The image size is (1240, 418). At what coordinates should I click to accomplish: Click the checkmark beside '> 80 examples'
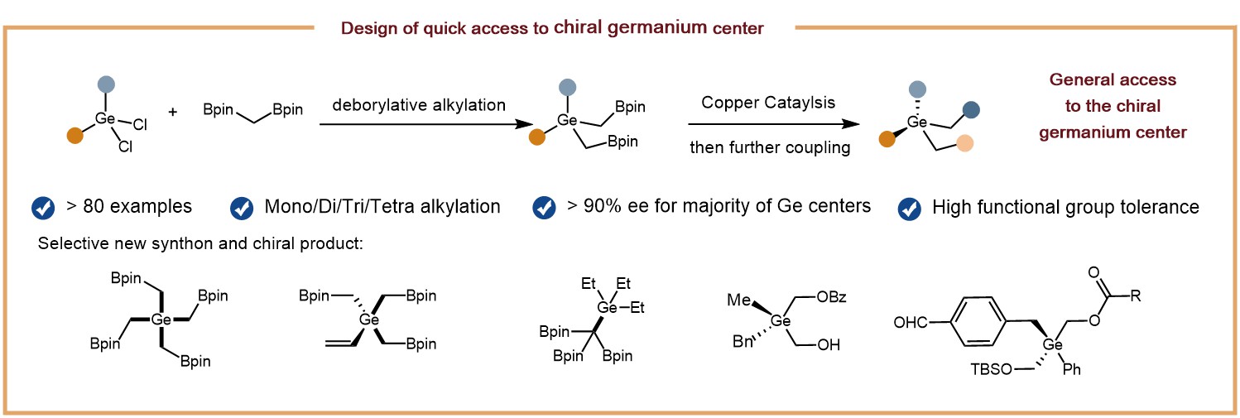(x=42, y=206)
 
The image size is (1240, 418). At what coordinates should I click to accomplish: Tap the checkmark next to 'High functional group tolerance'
(x=911, y=208)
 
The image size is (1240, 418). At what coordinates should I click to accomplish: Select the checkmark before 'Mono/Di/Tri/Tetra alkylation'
(x=242, y=206)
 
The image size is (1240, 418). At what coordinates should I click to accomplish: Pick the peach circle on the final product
(x=964, y=142)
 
